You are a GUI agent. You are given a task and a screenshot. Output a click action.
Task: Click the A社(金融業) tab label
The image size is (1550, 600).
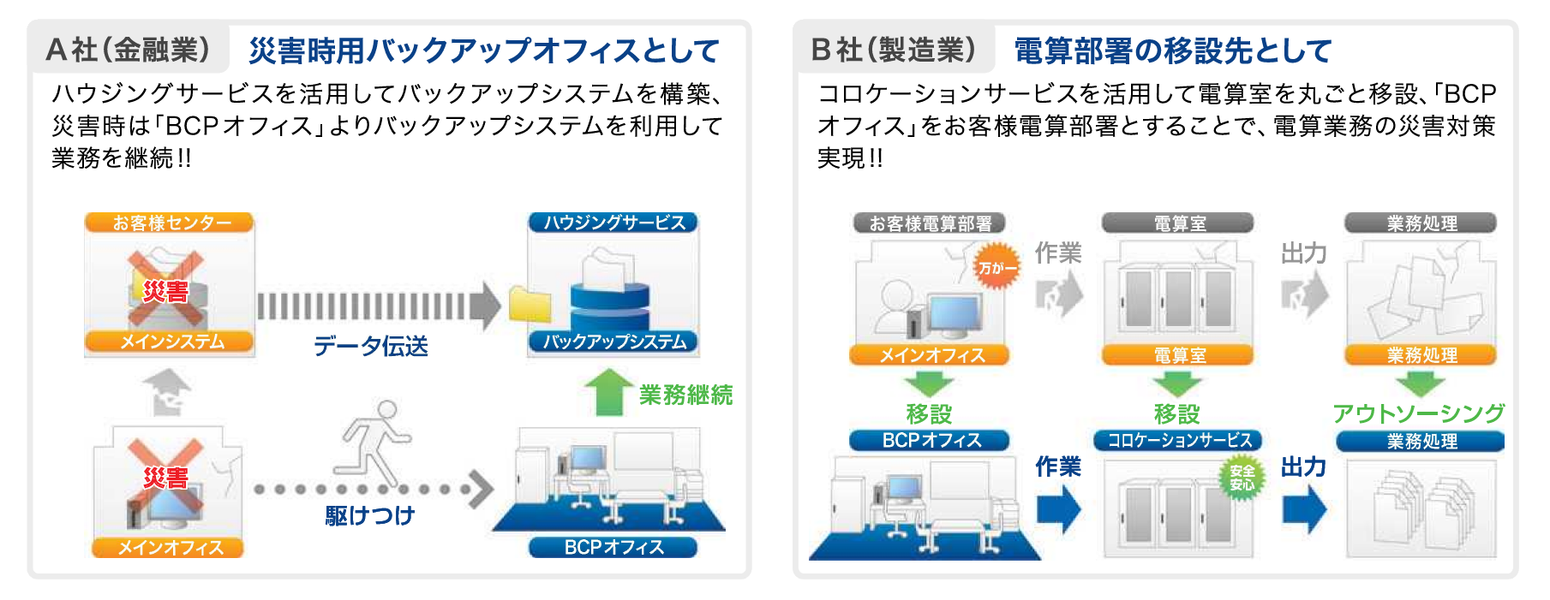click(129, 50)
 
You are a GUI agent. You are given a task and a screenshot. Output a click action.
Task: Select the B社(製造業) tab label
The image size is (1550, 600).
click(893, 50)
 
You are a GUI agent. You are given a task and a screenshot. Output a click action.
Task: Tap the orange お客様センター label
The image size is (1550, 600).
click(170, 223)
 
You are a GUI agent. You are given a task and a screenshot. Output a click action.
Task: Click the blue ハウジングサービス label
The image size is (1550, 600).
click(613, 223)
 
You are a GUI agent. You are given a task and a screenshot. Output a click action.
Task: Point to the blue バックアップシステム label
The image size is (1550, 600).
click(613, 342)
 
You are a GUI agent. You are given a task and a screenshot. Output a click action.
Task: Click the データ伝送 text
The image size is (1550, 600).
click(370, 346)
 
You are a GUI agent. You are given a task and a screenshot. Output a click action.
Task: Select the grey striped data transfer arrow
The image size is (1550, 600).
click(377, 306)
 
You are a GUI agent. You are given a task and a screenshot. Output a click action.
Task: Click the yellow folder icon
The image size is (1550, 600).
click(530, 304)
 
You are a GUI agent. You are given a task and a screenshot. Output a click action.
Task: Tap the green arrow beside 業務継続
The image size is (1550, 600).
click(608, 392)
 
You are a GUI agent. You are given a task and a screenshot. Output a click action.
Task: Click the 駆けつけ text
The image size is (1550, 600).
click(370, 515)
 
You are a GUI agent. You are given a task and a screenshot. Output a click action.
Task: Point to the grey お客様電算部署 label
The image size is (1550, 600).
click(930, 224)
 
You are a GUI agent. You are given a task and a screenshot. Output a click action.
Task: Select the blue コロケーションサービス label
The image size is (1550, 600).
click(1179, 441)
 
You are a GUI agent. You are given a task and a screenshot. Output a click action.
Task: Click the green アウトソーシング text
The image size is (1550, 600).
click(1418, 413)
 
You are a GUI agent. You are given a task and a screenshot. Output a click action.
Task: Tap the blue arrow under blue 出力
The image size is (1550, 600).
click(1304, 509)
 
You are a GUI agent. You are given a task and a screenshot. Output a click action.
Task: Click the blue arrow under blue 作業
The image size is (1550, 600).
click(1059, 509)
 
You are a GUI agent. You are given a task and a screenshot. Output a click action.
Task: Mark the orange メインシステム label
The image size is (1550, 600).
click(170, 342)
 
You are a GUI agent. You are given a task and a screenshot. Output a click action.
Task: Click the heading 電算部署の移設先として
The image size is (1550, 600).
click(1172, 51)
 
